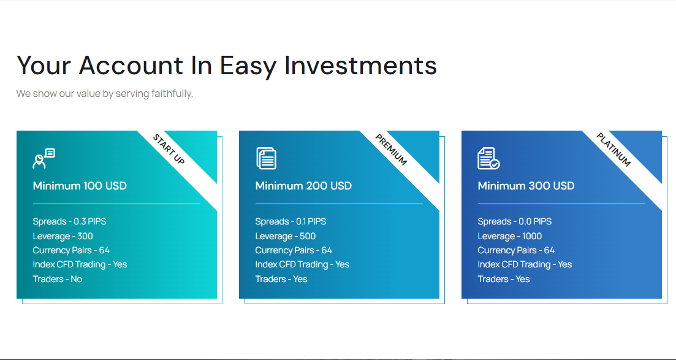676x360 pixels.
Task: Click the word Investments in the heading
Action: pos(360,66)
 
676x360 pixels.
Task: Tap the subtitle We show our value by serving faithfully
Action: pos(105,94)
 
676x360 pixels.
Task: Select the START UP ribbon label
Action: pos(169,150)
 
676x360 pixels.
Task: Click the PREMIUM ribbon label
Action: pos(391,150)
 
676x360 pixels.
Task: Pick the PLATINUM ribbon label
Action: pos(613,150)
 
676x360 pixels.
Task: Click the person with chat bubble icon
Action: pos(44,158)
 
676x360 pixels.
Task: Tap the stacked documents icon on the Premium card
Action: pos(266,158)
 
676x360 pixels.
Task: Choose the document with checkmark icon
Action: pos(489,158)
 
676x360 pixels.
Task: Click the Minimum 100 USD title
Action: pos(80,186)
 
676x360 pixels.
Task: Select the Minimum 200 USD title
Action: pos(303,186)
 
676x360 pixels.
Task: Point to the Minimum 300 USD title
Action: pos(526,186)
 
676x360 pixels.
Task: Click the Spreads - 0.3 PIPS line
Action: pos(69,221)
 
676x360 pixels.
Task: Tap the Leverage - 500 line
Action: pos(286,237)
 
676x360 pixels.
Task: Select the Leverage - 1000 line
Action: pos(509,237)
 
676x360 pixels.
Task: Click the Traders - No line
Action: pos(58,279)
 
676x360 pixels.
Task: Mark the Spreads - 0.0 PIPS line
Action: pos(514,221)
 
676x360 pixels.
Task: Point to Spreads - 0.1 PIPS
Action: pos(291,221)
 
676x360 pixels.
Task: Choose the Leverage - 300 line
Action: pos(63,237)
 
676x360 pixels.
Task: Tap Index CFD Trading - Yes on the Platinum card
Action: pos(525,264)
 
